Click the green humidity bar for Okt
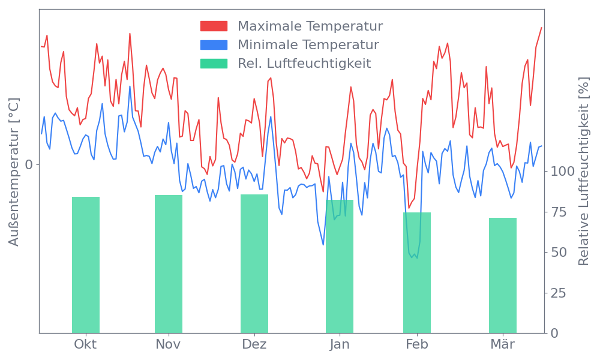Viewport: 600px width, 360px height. tap(85, 265)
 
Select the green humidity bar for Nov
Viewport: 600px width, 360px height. tap(168, 264)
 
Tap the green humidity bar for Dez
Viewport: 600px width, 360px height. tap(254, 263)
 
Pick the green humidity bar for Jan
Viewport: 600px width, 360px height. tap(340, 266)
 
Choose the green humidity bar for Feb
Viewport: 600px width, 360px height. tap(416, 272)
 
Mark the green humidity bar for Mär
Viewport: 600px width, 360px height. tap(503, 275)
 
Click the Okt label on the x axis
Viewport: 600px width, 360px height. tap(85, 344)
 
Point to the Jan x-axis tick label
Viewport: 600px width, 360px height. tap(340, 344)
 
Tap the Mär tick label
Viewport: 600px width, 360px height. tap(503, 344)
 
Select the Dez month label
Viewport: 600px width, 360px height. tap(254, 344)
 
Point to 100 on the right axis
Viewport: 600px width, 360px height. tap(563, 172)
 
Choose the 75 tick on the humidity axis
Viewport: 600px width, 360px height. tap(559, 212)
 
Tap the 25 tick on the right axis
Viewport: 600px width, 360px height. tap(559, 293)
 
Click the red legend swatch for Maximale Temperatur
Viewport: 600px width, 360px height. tap(214, 26)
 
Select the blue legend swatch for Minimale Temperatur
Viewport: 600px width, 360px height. tap(214, 44)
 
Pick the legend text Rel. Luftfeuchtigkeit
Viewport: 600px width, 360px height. tap(304, 63)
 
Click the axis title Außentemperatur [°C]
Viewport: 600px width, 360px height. tap(14, 172)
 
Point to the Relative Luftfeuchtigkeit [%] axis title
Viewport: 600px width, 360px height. tap(583, 172)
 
